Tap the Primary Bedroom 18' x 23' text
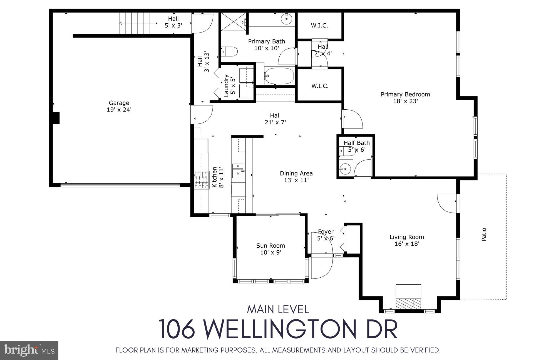click(x=405, y=98)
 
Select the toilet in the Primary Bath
click(x=230, y=51)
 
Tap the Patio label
click(x=484, y=234)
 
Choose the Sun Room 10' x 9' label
click(x=270, y=249)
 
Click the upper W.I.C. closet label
click(x=319, y=26)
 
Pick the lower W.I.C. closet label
click(x=320, y=86)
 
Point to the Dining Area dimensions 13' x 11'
click(x=296, y=180)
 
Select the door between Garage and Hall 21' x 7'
click(x=201, y=115)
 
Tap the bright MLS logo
click(x=29, y=350)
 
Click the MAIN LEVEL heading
click(x=278, y=309)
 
